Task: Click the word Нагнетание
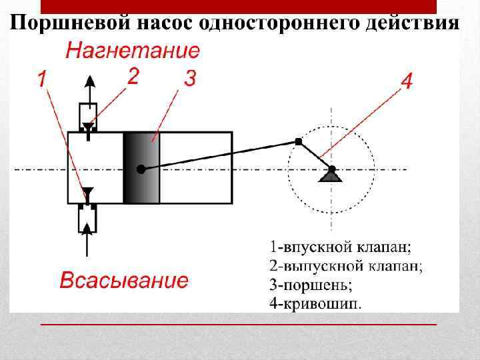133,51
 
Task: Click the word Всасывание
124,281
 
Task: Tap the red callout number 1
42,81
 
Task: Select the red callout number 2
133,77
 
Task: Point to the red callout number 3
189,79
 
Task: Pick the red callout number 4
407,82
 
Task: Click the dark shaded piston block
142,167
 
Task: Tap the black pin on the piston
140,169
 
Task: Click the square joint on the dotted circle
298,141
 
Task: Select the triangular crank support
331,175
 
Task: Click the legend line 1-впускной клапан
341,247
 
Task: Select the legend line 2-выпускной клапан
346,266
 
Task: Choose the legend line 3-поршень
310,285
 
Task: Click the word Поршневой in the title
69,23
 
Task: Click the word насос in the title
167,23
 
